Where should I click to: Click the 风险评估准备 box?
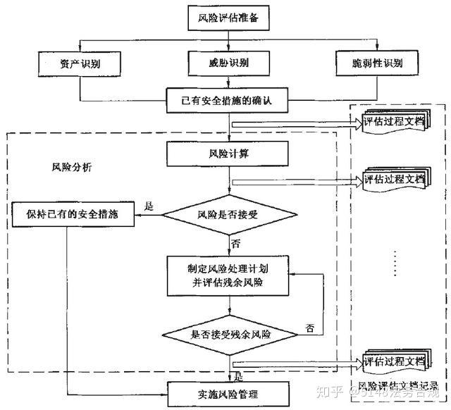[x=229, y=19]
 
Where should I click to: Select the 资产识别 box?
[x=80, y=64]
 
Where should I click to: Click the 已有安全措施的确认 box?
[x=229, y=101]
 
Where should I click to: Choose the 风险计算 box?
[x=228, y=152]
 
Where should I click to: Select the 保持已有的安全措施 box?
[x=74, y=214]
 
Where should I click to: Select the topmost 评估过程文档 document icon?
[x=395, y=122]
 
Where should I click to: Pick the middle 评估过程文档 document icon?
[x=395, y=180]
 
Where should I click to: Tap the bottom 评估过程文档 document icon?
[x=395, y=364]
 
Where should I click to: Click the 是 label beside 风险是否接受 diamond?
[x=148, y=206]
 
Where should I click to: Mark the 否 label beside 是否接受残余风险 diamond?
[x=309, y=328]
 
